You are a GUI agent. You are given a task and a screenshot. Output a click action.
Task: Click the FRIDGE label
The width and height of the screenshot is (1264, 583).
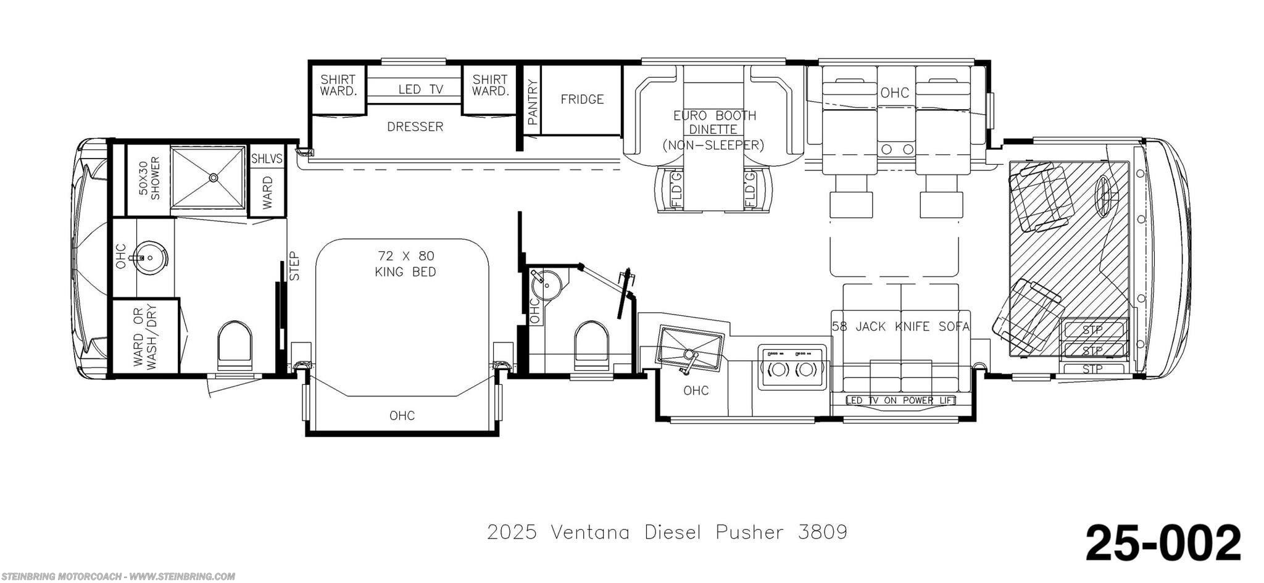582,99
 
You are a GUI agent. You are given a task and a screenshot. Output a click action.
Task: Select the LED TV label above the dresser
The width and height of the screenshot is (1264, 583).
421,89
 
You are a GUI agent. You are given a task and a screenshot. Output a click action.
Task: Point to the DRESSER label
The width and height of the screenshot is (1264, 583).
415,126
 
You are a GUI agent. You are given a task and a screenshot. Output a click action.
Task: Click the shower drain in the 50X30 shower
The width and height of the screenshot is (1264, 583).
214,178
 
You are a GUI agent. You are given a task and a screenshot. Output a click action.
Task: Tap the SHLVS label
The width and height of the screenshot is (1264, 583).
267,159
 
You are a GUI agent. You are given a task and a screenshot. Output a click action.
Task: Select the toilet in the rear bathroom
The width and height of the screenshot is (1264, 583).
235,345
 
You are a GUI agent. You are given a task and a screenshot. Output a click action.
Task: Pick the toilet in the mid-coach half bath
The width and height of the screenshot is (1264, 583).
591,346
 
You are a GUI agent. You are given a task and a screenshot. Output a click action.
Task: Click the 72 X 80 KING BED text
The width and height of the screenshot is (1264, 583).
405,263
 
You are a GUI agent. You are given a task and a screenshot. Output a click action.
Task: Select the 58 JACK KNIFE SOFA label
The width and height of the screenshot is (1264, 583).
901,326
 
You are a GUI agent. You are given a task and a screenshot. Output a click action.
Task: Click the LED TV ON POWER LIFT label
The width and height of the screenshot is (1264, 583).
900,400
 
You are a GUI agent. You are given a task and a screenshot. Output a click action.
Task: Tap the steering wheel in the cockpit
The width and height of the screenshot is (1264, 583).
1106,196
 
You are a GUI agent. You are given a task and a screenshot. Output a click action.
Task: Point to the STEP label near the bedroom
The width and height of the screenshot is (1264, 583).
294,266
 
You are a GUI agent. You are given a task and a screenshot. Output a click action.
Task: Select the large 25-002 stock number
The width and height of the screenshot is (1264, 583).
1163,543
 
